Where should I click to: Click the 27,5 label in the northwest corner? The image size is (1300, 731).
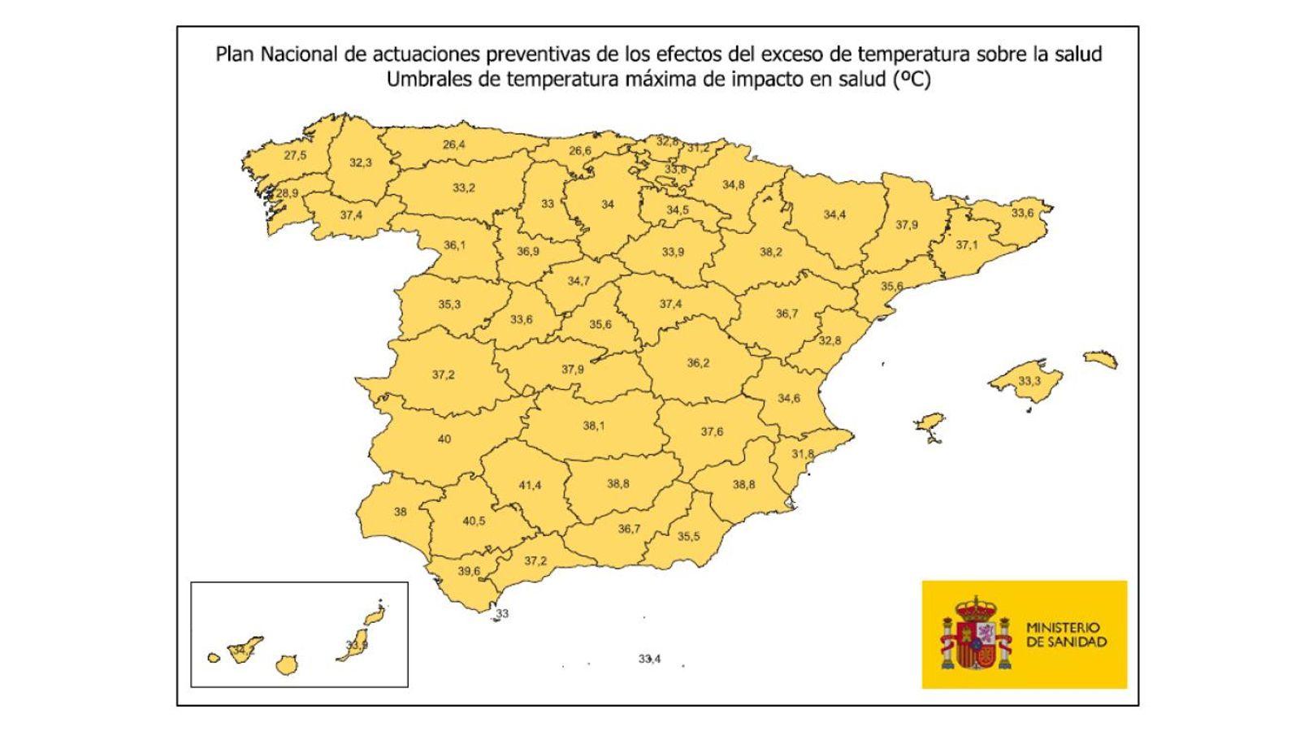coord(295,155)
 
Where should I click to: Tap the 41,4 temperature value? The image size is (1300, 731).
coord(530,486)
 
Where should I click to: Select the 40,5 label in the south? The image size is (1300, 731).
coord(474,521)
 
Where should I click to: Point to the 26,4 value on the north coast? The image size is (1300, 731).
coord(454,145)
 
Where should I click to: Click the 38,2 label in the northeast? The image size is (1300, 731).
coord(771,252)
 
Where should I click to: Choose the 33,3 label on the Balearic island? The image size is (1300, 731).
coord(1029,381)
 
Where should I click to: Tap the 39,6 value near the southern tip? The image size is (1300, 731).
coord(469,571)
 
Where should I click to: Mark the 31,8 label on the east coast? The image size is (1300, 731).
coord(803,454)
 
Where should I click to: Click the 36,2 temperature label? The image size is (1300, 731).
coord(698,363)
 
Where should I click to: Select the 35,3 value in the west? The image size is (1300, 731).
coord(449,305)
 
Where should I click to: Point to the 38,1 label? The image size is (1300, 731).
coord(594,426)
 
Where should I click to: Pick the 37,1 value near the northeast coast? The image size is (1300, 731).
coord(967,244)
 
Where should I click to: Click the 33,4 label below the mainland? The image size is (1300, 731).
coord(649,659)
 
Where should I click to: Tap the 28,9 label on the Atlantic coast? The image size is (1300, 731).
coord(287,193)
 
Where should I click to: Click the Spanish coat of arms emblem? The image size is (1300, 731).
coord(976,634)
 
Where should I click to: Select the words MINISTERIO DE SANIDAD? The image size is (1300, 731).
coord(1066,634)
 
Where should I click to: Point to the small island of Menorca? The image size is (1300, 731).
coord(1100,359)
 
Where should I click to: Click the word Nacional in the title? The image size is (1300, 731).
coord(301,54)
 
